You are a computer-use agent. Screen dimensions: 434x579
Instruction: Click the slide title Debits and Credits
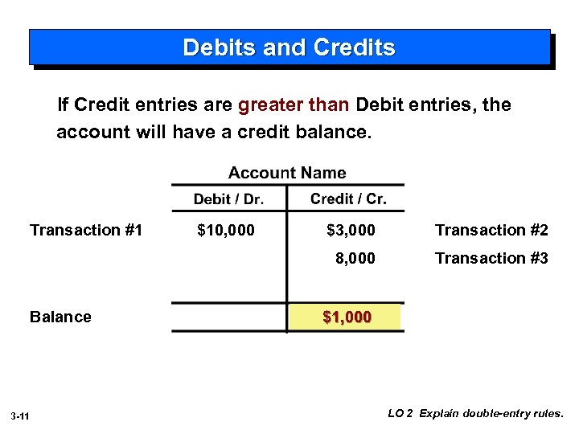[x=289, y=47]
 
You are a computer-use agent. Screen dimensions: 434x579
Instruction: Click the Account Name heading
[x=287, y=173]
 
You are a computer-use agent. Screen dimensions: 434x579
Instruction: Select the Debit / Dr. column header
[x=228, y=199]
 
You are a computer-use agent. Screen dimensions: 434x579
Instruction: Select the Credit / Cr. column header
[x=348, y=199]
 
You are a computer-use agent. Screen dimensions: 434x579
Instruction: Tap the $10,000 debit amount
[x=226, y=231]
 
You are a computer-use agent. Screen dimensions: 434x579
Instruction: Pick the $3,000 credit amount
[x=351, y=231]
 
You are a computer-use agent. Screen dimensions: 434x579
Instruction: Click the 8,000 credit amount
[x=355, y=258]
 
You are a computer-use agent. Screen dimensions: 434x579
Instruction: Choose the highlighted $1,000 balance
[x=347, y=317]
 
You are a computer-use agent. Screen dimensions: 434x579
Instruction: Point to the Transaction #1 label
[x=86, y=231]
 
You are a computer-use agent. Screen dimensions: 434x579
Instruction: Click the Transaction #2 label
[x=491, y=231]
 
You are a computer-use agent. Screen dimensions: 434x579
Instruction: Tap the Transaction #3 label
[x=491, y=258]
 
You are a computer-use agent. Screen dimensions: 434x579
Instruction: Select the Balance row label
[x=60, y=317]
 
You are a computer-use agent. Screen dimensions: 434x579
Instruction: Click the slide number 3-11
[x=21, y=416]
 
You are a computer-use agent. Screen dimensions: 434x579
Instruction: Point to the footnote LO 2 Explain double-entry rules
[x=476, y=414]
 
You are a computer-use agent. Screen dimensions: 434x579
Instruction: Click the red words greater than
[x=294, y=105]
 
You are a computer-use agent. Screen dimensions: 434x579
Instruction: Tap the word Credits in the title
[x=355, y=47]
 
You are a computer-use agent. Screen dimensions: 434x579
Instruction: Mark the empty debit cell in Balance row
[x=228, y=317]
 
